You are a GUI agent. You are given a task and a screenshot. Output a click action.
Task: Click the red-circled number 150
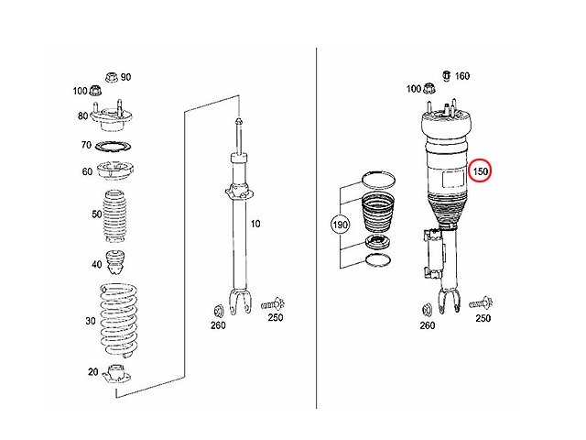tap(480, 171)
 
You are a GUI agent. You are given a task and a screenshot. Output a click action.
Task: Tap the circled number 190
tap(340, 225)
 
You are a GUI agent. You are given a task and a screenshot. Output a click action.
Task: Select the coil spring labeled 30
tap(118, 320)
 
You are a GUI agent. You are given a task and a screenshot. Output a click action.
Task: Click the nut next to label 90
tap(112, 77)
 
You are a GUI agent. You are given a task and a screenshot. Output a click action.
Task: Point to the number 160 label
tap(461, 76)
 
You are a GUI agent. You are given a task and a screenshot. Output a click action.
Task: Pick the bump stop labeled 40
tap(114, 262)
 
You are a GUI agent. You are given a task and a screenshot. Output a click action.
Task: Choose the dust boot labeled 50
tap(114, 216)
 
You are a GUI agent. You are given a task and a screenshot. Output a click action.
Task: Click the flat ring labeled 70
tap(114, 146)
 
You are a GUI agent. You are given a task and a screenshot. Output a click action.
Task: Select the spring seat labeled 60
tap(115, 170)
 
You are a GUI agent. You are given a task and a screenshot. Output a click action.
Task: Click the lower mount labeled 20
tap(116, 374)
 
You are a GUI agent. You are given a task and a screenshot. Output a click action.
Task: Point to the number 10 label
tap(255, 224)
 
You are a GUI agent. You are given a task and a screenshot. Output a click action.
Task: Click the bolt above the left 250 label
tap(273, 303)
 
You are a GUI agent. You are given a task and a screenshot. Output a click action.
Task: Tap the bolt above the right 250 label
tap(481, 302)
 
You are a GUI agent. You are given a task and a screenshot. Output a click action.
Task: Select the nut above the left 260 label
tap(218, 311)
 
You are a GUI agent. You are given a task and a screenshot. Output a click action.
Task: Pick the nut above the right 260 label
tap(427, 310)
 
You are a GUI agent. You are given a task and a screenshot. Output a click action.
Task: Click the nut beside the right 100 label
tap(429, 88)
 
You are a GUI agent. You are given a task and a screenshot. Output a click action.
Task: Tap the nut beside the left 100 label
tap(95, 90)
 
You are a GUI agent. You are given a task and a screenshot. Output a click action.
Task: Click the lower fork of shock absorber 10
tap(240, 301)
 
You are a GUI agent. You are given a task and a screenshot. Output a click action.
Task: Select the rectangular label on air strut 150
tap(453, 178)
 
